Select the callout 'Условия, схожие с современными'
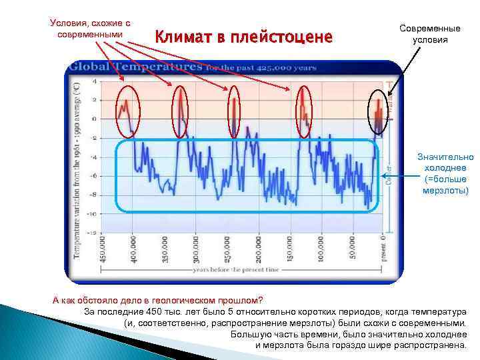[x=89, y=29]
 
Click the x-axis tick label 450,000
[x=102, y=247]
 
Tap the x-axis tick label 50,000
[x=353, y=247]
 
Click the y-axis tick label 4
[x=93, y=81]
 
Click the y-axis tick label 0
[x=93, y=119]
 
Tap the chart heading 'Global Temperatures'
[x=136, y=67]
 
